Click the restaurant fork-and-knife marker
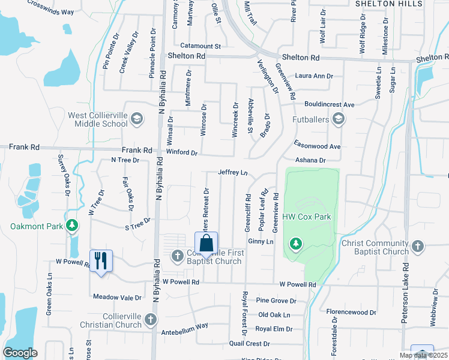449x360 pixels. click(x=101, y=260)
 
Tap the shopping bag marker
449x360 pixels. click(x=206, y=243)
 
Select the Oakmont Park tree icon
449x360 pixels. click(x=72, y=226)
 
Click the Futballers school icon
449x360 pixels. click(x=339, y=119)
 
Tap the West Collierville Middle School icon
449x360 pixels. click(x=137, y=119)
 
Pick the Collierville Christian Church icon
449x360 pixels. click(x=151, y=319)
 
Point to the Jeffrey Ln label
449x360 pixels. click(x=233, y=172)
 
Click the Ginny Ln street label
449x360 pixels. click(x=261, y=241)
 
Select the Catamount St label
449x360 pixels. click(x=200, y=46)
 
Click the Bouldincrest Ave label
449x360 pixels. click(x=329, y=104)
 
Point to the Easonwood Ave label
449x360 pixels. click(x=317, y=146)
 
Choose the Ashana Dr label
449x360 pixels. click(x=310, y=160)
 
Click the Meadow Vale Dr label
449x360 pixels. click(x=118, y=297)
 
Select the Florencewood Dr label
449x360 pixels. click(x=351, y=312)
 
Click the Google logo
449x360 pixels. click(x=20, y=353)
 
